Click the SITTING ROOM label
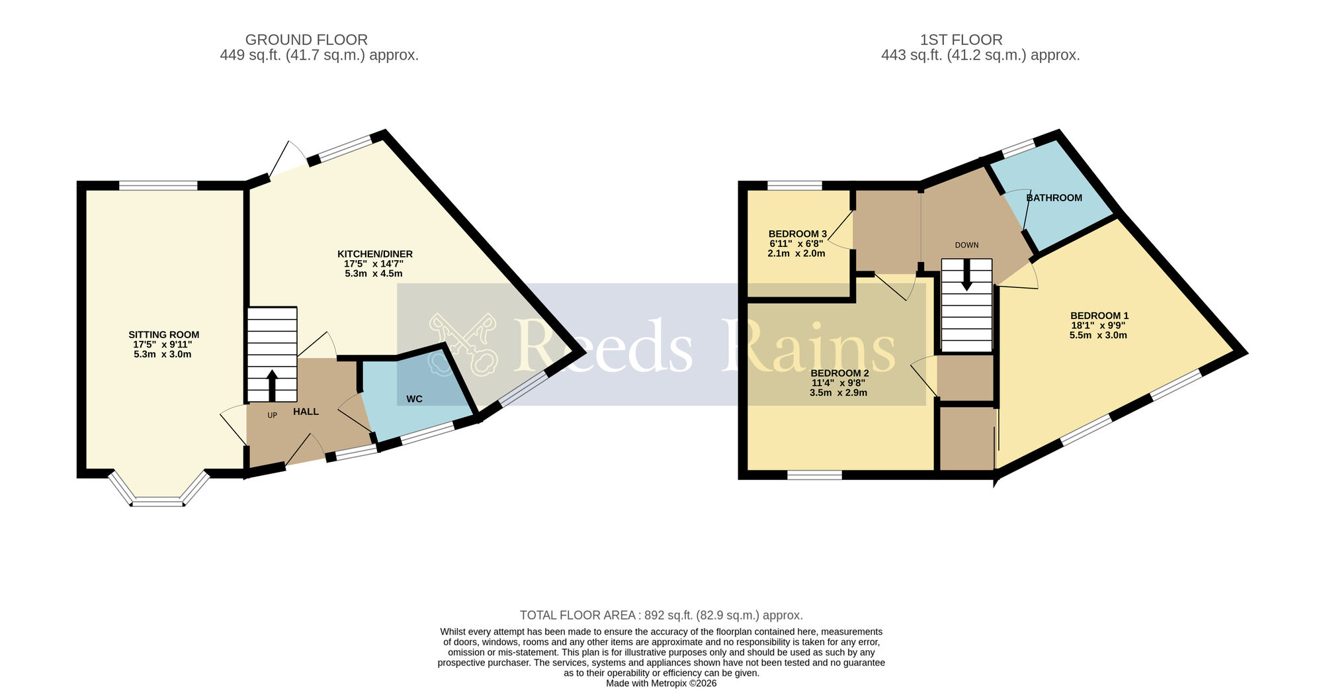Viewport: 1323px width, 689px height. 163,335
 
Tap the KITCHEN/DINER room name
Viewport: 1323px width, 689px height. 374,254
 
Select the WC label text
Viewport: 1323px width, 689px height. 414,399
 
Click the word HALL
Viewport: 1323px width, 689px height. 306,412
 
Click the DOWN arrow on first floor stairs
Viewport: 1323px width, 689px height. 966,275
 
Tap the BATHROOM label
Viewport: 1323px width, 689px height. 1054,198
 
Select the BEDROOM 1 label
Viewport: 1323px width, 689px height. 1099,316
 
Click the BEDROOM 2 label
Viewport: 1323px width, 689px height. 839,373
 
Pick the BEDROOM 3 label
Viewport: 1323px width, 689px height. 797,234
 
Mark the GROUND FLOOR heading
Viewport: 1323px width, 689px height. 306,40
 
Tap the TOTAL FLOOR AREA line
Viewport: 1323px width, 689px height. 661,616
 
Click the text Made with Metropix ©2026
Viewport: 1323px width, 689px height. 661,684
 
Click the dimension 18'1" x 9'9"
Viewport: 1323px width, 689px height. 1098,326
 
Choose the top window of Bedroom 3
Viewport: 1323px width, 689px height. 794,185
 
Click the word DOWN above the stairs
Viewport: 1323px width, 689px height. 966,245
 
